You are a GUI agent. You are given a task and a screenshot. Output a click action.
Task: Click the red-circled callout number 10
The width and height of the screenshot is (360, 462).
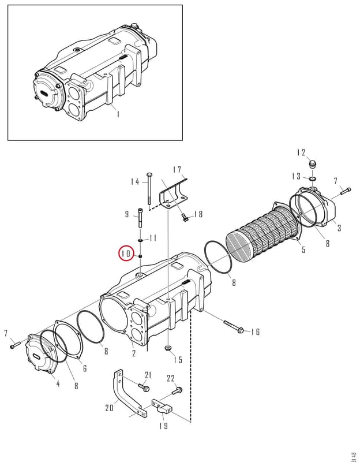tap(126, 254)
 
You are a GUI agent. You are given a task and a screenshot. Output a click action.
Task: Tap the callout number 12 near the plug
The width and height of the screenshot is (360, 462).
tap(301, 152)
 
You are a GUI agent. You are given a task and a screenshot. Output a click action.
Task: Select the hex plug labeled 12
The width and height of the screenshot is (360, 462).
tap(312, 164)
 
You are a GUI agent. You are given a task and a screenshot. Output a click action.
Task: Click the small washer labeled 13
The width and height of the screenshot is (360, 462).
tap(313, 178)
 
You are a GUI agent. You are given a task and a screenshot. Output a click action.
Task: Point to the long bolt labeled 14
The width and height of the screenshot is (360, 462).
tap(149, 188)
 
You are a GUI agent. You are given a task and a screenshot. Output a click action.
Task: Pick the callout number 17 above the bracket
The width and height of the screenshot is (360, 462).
tap(177, 170)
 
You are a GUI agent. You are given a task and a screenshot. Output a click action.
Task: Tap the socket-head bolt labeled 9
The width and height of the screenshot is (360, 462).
tap(140, 218)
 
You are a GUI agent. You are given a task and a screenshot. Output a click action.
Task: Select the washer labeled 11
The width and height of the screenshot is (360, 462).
tap(141, 241)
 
